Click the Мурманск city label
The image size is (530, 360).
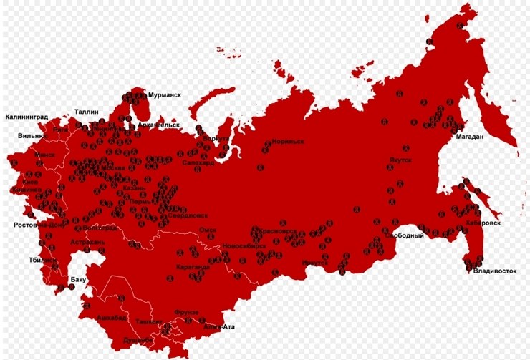(164, 94)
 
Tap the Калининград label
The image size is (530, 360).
(28, 116)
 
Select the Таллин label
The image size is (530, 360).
(87, 112)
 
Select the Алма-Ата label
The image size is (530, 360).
(220, 327)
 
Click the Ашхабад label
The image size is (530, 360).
(112, 317)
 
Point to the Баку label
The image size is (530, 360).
(78, 279)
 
